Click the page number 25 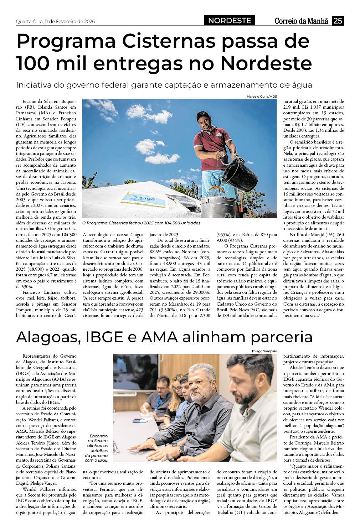(338, 21)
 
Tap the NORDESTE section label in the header (230, 21)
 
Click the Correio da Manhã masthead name (301, 21)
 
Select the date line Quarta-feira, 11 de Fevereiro (55, 21)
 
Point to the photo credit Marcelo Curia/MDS (262, 97)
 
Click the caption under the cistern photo (141, 223)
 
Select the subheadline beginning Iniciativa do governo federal (164, 85)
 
